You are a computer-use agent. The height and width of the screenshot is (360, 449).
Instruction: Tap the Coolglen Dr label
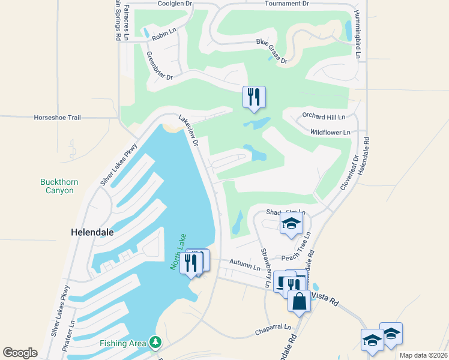(x=158, y=4)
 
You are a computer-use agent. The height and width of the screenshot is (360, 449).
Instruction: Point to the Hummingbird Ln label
(x=358, y=34)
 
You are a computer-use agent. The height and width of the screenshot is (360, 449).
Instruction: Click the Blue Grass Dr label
(x=272, y=51)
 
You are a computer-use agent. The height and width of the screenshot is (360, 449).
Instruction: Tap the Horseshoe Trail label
(x=57, y=118)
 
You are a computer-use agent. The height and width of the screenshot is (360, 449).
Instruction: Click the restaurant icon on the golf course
(x=254, y=97)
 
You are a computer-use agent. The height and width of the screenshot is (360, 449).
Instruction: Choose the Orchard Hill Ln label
(x=325, y=116)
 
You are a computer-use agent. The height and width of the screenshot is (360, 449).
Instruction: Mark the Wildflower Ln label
(x=330, y=132)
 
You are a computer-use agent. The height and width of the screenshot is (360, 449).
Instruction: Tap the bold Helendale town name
(x=92, y=231)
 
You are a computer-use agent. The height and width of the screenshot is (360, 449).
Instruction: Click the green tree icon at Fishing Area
(x=156, y=343)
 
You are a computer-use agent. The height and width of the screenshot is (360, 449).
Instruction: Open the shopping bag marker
(x=299, y=301)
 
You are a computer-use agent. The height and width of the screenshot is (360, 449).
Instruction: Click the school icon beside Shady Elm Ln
(x=291, y=224)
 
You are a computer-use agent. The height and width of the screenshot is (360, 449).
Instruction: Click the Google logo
(x=20, y=352)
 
